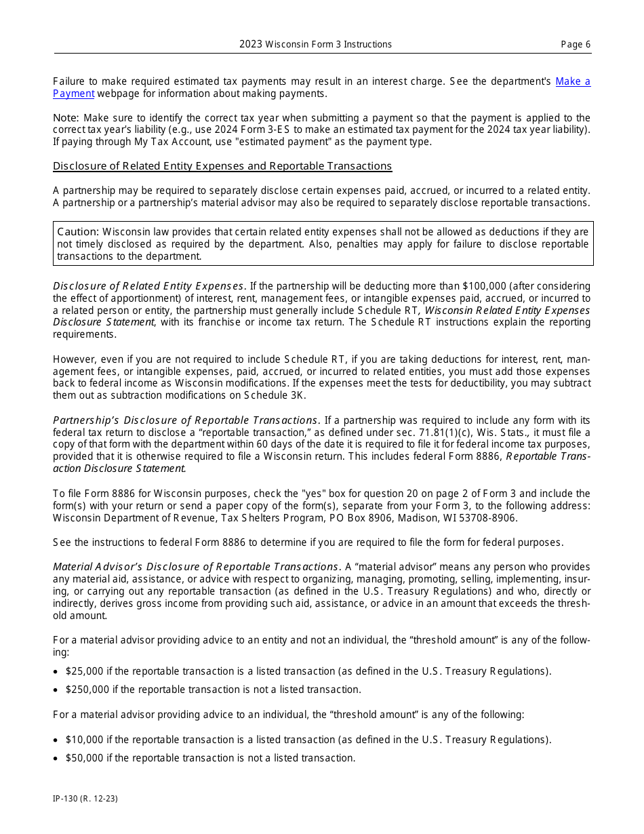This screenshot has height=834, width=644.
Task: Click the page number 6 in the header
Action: tap(587, 45)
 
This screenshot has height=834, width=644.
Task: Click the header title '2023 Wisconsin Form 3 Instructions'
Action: tap(315, 45)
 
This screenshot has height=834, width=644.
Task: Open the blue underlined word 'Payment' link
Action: tap(73, 94)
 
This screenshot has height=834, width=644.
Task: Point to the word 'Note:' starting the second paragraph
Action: tap(66, 118)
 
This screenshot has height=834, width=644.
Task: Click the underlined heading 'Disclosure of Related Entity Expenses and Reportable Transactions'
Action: tap(222, 166)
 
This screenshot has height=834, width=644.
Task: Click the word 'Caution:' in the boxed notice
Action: tap(78, 232)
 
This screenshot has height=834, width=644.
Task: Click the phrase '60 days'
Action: tap(256, 445)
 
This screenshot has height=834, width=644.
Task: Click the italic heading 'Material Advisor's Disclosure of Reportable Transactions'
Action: tap(196, 567)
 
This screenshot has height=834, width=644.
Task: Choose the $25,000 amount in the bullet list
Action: tap(84, 671)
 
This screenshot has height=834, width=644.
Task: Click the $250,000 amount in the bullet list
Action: tap(87, 690)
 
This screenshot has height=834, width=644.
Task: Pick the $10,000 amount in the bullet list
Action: tap(84, 740)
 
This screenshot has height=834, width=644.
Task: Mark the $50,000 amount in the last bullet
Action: tap(84, 758)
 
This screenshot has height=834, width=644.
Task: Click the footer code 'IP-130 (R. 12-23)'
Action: tap(85, 799)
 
